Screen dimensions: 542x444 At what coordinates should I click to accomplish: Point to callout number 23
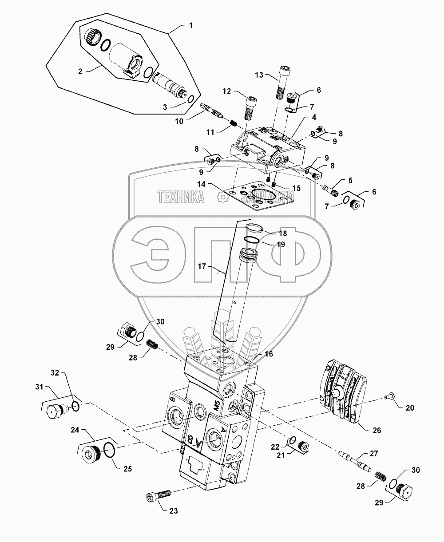(173, 511)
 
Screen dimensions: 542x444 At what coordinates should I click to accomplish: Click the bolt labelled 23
(158, 495)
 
